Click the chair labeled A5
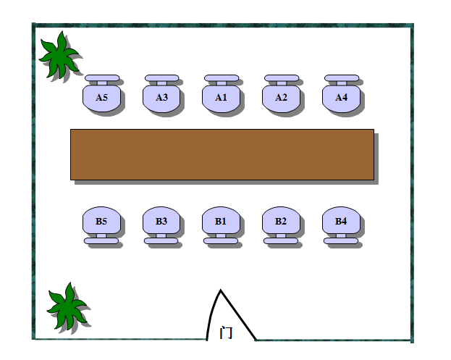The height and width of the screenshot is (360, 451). coord(101,99)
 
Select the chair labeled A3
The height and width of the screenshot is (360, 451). coord(161,99)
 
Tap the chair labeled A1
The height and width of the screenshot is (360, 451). coord(221,99)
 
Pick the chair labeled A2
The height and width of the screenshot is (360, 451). coord(281,99)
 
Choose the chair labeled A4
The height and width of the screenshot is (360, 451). coord(341,99)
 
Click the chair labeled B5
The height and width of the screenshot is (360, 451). coord(101,221)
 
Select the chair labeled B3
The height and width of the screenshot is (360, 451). coord(161,221)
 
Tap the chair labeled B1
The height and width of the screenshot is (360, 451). coord(221,221)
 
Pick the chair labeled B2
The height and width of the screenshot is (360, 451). coord(281,221)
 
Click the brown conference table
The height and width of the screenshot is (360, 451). coord(222,154)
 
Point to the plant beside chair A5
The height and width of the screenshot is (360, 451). coord(59,55)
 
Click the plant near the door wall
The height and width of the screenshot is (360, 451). coord(67,307)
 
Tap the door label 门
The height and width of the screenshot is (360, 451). coord(226,332)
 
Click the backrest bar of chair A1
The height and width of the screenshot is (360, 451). coord(221,78)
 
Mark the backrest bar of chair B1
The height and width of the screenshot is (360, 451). coord(221,240)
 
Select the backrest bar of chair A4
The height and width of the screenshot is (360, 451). coord(341,78)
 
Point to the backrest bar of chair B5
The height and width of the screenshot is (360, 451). coord(101,240)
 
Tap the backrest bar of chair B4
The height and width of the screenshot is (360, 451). coord(341,240)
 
